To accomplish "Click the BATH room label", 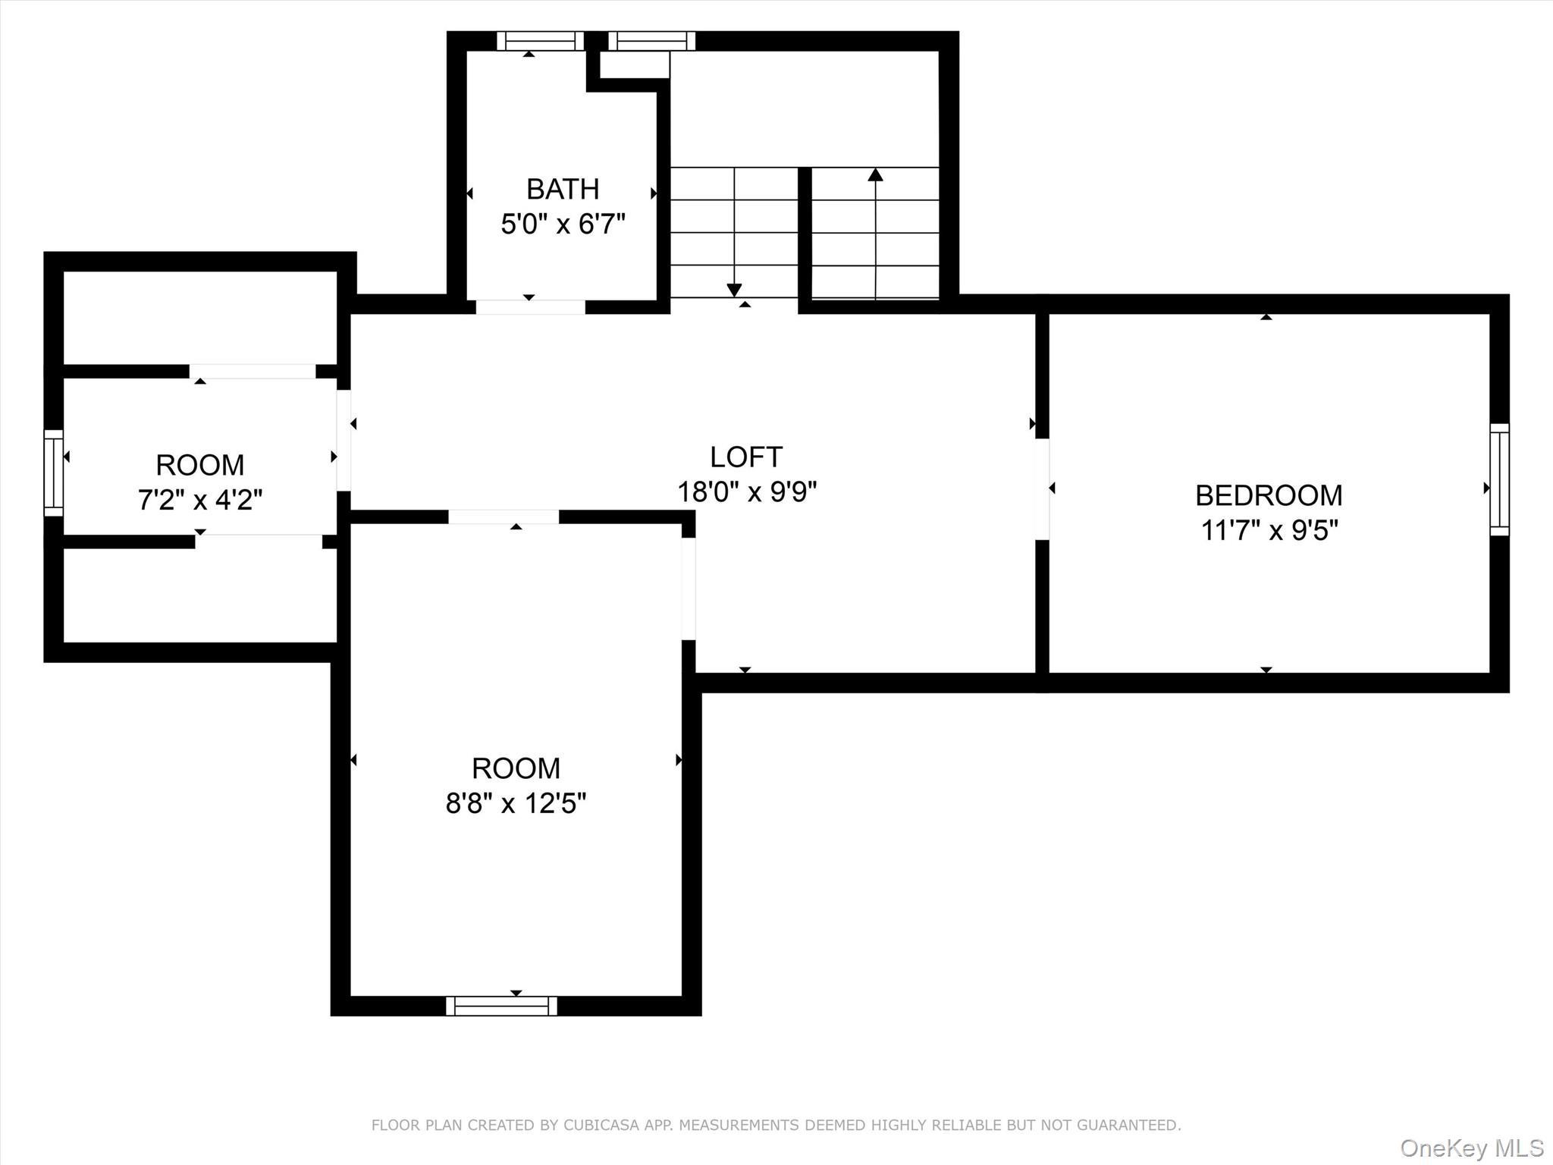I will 563,189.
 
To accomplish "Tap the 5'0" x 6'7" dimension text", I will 563,225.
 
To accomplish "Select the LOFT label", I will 745,457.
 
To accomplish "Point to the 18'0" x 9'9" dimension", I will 746,492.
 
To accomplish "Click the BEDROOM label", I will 1269,496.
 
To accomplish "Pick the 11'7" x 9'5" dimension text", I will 1269,531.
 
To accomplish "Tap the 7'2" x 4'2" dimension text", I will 200,501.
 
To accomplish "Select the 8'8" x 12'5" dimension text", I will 516,803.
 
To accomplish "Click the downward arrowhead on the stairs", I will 733,290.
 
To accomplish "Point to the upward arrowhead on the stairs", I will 875,175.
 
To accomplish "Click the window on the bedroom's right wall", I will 1499,479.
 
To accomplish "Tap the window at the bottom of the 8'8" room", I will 501,1006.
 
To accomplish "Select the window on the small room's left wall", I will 53,473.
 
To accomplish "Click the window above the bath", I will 540,41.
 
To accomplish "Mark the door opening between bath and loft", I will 530,306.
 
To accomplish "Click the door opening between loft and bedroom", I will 1042,489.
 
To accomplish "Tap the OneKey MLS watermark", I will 1471,1147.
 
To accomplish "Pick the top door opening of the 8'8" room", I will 504,517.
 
